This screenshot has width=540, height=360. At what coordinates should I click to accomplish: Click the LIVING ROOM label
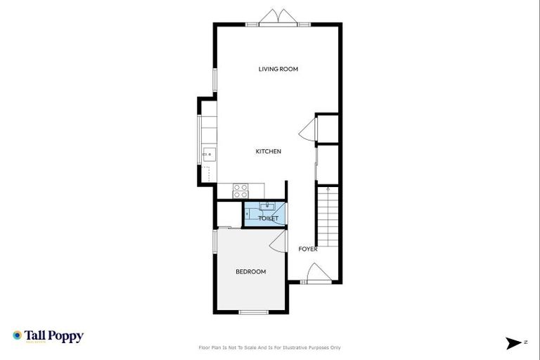[x=278, y=69]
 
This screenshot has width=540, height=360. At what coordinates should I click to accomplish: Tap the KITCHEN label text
[x=269, y=151]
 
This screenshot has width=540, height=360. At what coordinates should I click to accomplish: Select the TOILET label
[x=269, y=219]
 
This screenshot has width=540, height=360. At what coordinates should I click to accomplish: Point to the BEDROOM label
[x=250, y=271]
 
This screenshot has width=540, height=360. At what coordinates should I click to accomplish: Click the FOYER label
[x=308, y=249]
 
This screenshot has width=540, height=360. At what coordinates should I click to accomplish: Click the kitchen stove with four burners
[x=240, y=191]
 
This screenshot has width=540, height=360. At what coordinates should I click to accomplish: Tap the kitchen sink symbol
[x=209, y=153]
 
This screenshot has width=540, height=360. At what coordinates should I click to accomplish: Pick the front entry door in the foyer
[x=316, y=273]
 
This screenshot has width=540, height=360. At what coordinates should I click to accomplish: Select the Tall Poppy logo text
[x=54, y=336]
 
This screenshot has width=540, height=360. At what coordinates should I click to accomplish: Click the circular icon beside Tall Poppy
[x=17, y=335]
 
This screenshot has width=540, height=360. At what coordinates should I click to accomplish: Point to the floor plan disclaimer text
[x=270, y=347]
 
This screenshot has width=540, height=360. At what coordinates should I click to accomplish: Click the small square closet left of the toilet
[x=229, y=213]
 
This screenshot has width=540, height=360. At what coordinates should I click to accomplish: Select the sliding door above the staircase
[x=317, y=163]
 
